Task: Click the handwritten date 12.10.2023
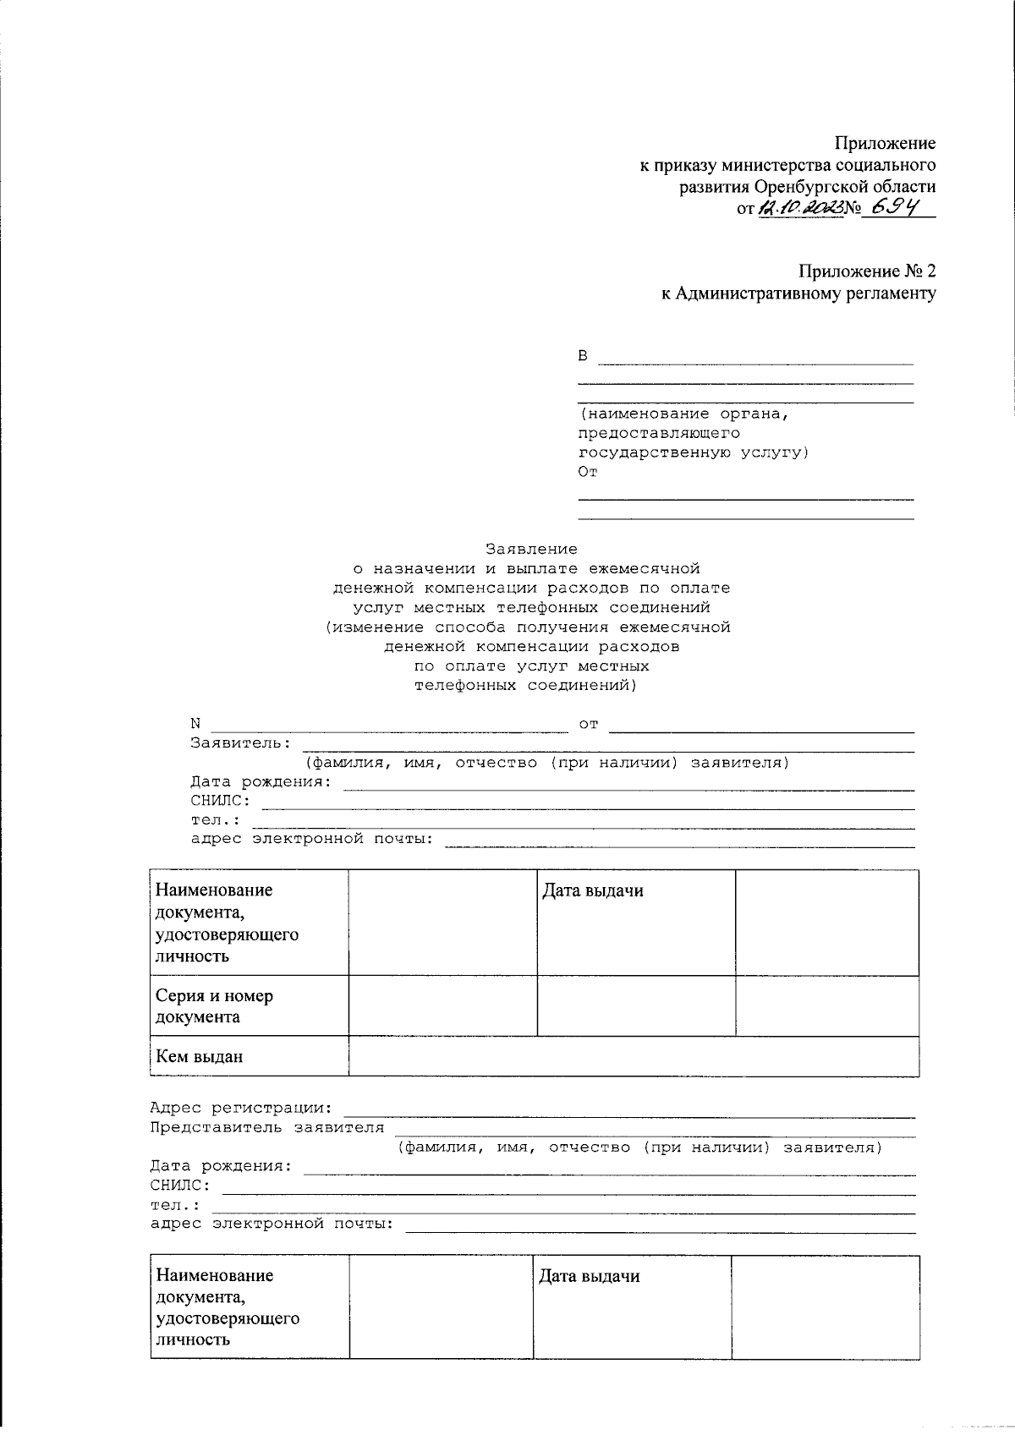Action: tap(801, 207)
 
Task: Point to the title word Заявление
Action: tap(531, 549)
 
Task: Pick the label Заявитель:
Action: tap(241, 743)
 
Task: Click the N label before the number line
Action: tap(195, 724)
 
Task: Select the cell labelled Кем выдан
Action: tap(200, 1056)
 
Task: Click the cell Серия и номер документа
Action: tap(215, 1005)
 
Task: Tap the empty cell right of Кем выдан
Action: tap(634, 1056)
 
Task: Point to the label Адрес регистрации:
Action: tap(241, 1108)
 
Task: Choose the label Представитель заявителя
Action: tap(267, 1127)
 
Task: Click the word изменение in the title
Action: tap(376, 627)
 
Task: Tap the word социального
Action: tap(885, 165)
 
